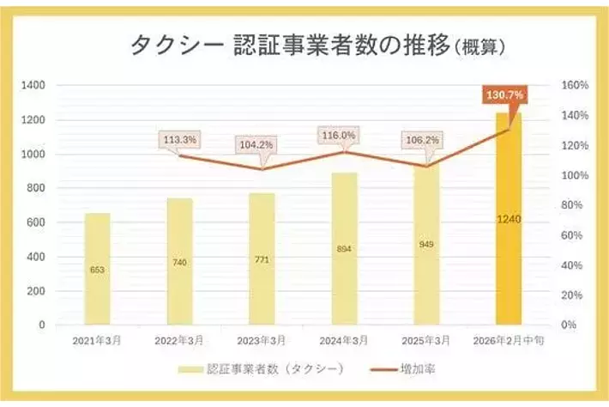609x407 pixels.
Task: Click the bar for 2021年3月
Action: tap(97, 269)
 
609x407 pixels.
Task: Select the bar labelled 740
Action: tap(179, 261)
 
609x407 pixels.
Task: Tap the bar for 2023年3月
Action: tap(262, 258)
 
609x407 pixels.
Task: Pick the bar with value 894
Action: tap(344, 248)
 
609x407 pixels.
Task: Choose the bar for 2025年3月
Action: tap(426, 244)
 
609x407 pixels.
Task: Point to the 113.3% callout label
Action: tap(179, 139)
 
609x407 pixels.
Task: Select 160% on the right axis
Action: tap(574, 86)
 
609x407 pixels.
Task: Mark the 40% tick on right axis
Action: tap(573, 265)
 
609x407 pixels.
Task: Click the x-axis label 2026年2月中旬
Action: tap(508, 340)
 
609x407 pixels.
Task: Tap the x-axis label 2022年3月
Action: tap(179, 340)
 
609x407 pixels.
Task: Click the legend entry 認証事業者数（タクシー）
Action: tap(274, 370)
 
